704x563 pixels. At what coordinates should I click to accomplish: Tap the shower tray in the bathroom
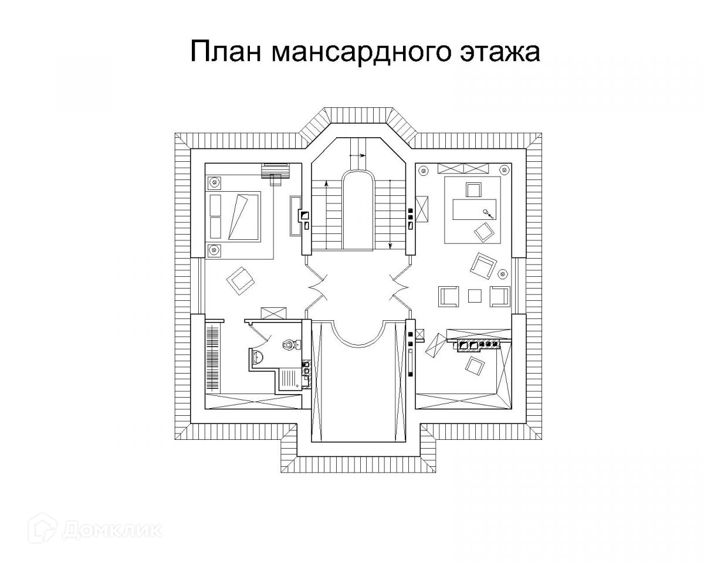click(289, 378)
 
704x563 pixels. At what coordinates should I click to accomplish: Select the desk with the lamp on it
click(475, 209)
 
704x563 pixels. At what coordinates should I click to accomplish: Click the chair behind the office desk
click(473, 189)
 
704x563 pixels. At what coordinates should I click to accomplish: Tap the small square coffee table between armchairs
click(474, 295)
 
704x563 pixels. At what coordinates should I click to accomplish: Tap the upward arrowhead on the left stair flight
click(326, 184)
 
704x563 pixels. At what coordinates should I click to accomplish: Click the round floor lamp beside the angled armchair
click(503, 273)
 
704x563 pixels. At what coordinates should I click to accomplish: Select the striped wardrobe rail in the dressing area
click(212, 355)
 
